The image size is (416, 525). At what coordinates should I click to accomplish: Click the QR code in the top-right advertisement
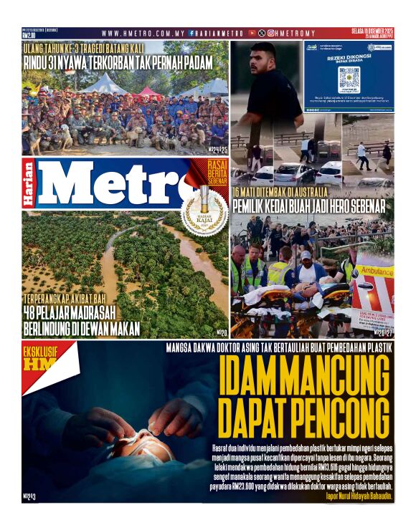pyautogui.click(x=349, y=77)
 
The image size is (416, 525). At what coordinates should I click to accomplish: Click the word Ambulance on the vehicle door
pyautogui.click(x=376, y=273)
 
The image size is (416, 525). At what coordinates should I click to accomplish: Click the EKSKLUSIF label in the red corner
pyautogui.click(x=40, y=352)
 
